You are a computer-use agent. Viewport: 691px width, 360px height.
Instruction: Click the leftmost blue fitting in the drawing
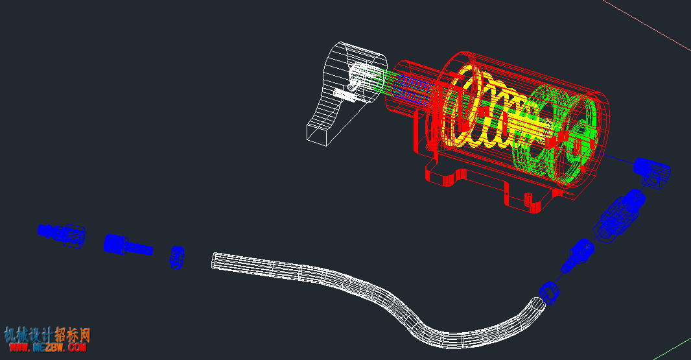(x=61, y=234)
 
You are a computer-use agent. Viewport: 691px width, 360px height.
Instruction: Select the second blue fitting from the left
(x=128, y=245)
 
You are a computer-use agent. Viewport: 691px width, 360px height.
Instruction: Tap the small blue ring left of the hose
(x=177, y=258)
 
